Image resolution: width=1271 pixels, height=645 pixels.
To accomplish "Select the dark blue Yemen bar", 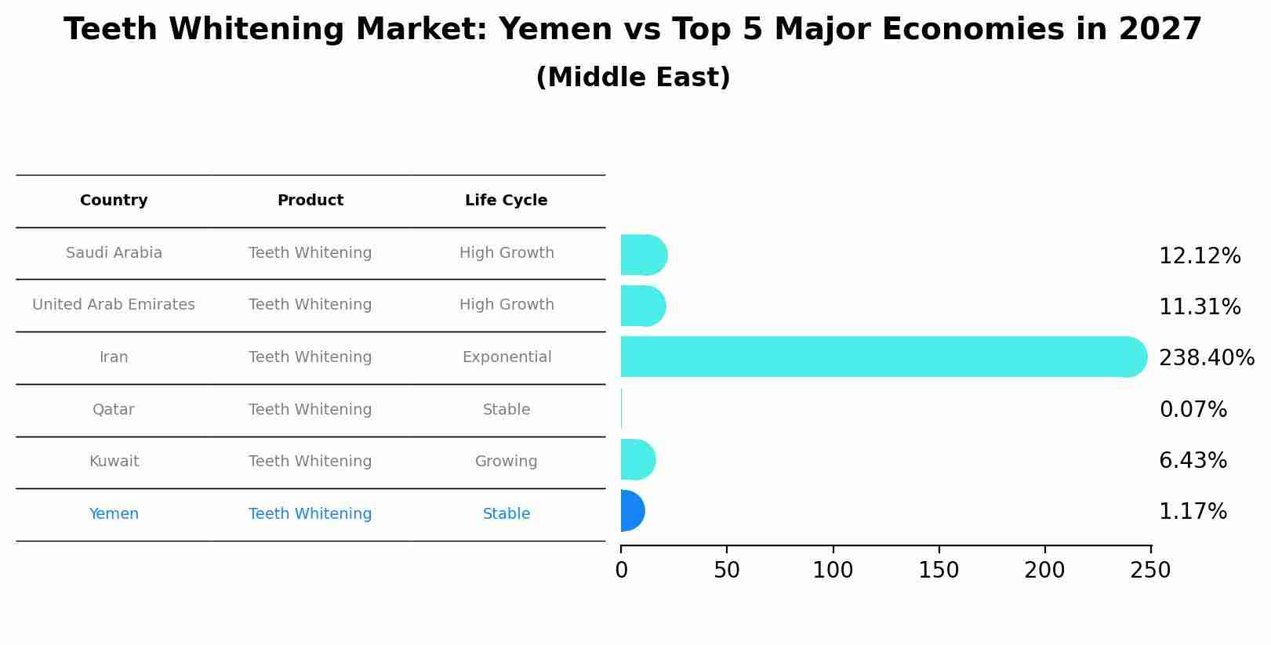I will click(x=632, y=511).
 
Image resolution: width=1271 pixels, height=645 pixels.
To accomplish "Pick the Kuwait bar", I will click(x=637, y=459).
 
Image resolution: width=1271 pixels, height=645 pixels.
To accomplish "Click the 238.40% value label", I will click(x=1206, y=358).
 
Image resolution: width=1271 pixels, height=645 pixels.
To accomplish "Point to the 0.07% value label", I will click(x=1193, y=410).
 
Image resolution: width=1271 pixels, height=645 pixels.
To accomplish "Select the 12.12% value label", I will click(x=1200, y=256).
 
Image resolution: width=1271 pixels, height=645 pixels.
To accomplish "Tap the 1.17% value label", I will click(x=1193, y=512).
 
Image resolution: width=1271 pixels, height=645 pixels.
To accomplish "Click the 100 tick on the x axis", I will click(x=833, y=571).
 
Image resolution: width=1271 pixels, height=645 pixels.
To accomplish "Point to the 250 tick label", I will click(x=1150, y=571).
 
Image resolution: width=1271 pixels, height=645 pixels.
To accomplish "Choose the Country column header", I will click(x=114, y=201).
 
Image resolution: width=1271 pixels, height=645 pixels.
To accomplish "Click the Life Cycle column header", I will click(x=506, y=201).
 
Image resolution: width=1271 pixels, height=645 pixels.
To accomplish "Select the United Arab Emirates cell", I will click(x=114, y=305).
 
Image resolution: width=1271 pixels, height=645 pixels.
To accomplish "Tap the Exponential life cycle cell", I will click(x=507, y=357).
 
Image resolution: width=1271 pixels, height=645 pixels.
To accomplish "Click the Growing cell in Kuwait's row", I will click(x=506, y=462).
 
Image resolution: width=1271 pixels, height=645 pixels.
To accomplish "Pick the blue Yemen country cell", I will click(x=114, y=514).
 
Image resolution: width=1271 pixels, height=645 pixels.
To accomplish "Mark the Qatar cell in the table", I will click(x=114, y=410).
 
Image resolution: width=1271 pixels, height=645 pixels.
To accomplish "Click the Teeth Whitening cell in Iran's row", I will click(x=310, y=357).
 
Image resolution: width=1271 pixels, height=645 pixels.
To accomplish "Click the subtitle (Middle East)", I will click(x=633, y=78).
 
